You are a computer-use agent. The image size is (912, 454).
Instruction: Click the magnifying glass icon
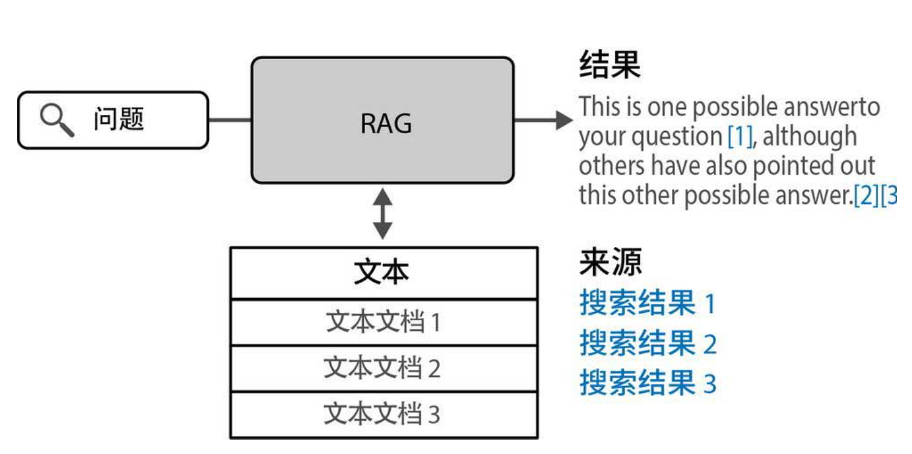coord(57,119)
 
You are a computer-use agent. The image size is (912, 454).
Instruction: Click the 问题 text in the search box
coord(119,119)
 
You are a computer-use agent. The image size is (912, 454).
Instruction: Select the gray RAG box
coord(382,120)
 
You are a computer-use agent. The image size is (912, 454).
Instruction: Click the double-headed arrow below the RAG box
coord(382,215)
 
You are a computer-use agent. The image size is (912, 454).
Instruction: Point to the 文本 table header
coord(382,273)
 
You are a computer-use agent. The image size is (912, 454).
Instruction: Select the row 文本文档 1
coord(382,322)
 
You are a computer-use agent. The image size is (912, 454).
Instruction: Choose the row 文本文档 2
coord(382,368)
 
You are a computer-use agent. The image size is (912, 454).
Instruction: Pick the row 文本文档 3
coord(382,414)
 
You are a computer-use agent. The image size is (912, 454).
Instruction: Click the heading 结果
coord(610,65)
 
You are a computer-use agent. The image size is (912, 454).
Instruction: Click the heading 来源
coord(610,263)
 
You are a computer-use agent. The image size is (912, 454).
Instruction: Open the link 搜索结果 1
coord(647,303)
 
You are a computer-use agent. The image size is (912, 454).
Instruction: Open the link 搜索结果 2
coord(647,343)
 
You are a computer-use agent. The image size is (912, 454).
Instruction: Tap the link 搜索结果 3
coord(647,383)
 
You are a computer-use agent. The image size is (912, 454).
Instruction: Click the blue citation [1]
coord(740,137)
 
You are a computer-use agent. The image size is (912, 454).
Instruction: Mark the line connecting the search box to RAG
coord(230,119)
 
